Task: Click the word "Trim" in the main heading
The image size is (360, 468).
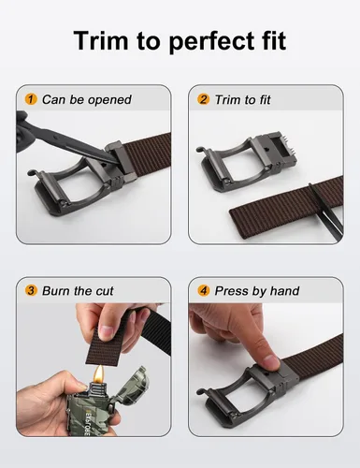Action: tap(101, 40)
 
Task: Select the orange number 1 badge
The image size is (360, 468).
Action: tap(31, 99)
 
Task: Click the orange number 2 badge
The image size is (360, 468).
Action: tap(203, 99)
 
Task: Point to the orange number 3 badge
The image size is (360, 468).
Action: tap(31, 290)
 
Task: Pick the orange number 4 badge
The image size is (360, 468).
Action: tap(203, 290)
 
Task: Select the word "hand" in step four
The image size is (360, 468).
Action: tap(284, 291)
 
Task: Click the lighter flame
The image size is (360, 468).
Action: tap(99, 373)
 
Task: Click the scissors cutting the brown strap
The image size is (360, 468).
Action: tap(325, 209)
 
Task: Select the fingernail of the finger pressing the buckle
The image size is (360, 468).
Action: tap(270, 363)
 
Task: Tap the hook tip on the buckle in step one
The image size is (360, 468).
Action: tap(30, 172)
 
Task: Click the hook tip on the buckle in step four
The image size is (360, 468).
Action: tap(200, 391)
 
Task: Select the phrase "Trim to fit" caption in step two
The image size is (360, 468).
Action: tap(243, 100)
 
